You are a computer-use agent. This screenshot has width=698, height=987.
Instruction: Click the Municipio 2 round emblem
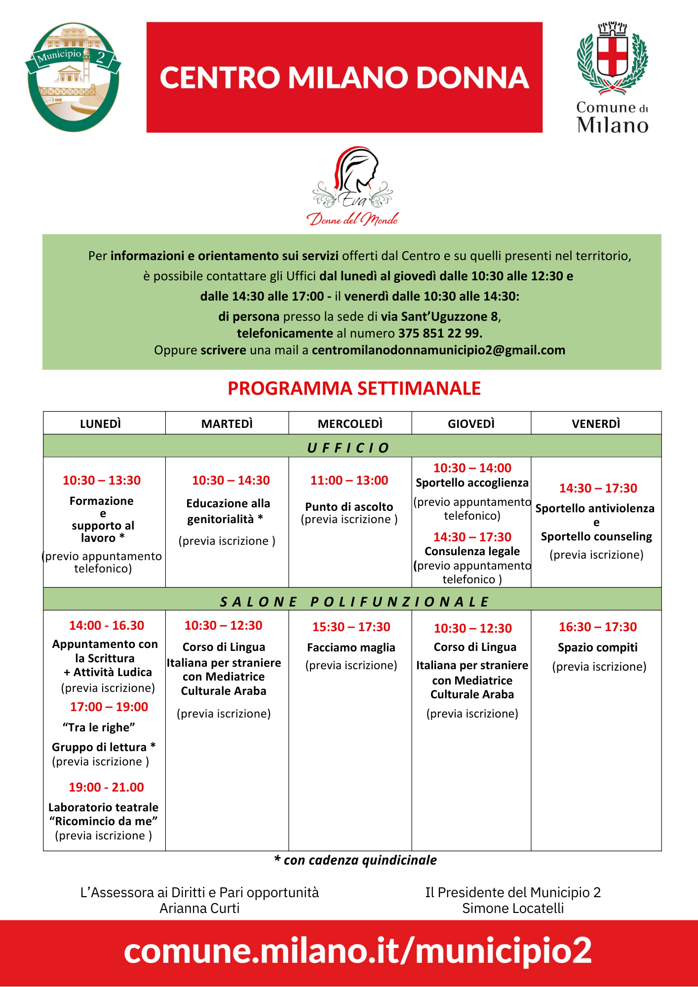coord(73,77)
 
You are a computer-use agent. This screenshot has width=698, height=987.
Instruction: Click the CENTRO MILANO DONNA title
coord(345,78)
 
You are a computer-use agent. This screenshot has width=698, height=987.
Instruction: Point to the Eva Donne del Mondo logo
coord(352,187)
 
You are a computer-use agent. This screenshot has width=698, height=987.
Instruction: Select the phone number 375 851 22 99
coord(440,333)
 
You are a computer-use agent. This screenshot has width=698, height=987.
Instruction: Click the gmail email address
coord(438,350)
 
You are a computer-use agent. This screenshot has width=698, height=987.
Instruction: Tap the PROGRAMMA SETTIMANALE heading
coord(354,388)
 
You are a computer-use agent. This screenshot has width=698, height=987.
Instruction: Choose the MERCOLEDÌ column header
coord(350,423)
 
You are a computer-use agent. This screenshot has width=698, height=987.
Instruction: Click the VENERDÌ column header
coord(596,423)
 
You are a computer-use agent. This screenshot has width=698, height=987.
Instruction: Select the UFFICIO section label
coord(349,448)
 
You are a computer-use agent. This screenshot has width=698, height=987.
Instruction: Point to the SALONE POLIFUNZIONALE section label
coord(354,602)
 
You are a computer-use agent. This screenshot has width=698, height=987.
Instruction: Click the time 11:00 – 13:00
coord(349,480)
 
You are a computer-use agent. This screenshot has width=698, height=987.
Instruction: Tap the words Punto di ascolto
coord(349,507)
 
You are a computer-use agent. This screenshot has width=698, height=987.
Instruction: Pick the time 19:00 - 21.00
coord(106,787)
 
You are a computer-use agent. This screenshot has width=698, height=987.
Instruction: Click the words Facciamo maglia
coord(351,647)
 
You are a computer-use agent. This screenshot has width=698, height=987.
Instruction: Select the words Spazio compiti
coord(597,647)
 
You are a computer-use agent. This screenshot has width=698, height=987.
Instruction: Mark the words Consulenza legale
coord(472,551)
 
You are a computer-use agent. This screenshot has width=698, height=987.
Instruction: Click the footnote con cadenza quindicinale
coord(355,860)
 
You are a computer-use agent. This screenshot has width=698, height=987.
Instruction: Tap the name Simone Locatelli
coord(513,909)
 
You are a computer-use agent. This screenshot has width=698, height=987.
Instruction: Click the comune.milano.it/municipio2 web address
coord(357,950)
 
